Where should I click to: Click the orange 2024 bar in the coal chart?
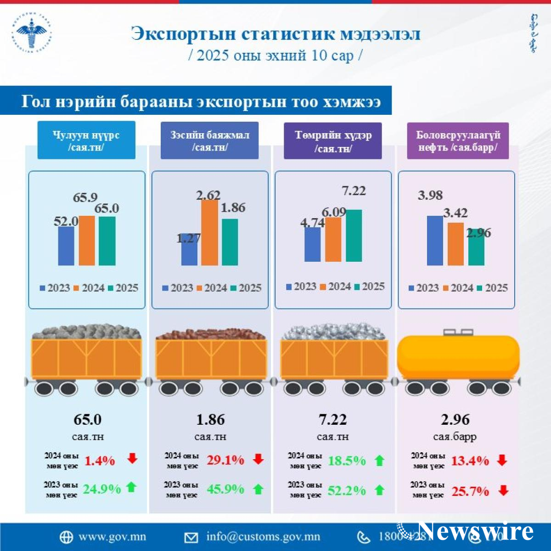click(x=87, y=240)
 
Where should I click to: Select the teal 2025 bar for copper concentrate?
click(x=230, y=242)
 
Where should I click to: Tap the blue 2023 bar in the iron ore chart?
click(x=312, y=244)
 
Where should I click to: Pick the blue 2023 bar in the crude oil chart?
click(x=435, y=240)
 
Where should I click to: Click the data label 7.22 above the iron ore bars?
click(x=354, y=191)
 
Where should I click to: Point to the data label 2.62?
click(x=208, y=195)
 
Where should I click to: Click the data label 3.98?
click(x=430, y=195)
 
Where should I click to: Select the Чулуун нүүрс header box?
click(x=86, y=141)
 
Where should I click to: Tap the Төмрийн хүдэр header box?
click(x=333, y=141)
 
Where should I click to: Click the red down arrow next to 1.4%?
click(x=132, y=458)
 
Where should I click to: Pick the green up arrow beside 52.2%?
click(x=380, y=490)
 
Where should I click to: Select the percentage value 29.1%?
click(x=225, y=460)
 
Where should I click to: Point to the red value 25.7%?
click(x=470, y=491)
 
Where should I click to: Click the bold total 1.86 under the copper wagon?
click(x=210, y=419)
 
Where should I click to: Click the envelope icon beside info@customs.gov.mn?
click(x=191, y=537)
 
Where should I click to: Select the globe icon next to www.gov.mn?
click(x=66, y=537)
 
